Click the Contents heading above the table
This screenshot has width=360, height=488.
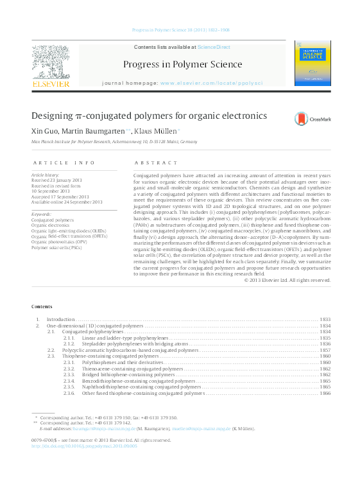[42, 307]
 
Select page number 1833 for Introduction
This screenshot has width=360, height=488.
[325, 319]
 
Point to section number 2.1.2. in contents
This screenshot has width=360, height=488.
[69, 344]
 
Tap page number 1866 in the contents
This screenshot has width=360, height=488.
[325, 393]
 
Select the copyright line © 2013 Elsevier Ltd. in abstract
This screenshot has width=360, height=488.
[288, 280]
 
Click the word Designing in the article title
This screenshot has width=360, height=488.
[53, 116]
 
